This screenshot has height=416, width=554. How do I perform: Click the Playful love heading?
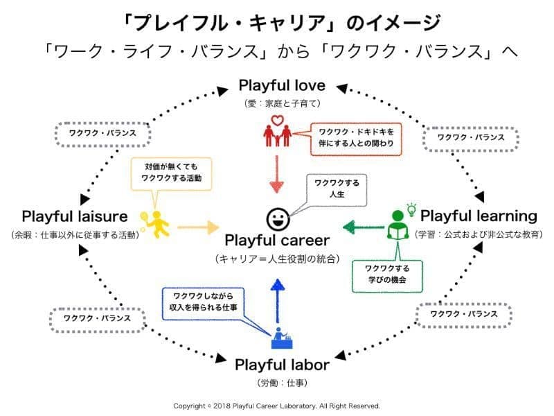(x=282, y=86)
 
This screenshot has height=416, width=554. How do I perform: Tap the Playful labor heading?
(x=282, y=364)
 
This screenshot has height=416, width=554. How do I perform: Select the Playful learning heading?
(x=479, y=216)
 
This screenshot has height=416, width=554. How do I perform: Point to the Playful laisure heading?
(x=75, y=216)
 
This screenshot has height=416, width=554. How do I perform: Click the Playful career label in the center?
(x=277, y=241)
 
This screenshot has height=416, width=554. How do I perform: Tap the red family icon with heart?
(x=277, y=132)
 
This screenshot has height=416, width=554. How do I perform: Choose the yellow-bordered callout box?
(x=171, y=173)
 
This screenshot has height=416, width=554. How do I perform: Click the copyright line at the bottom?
(x=277, y=406)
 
